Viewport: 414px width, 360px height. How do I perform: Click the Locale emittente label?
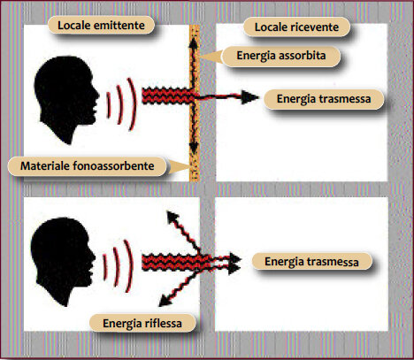click(101, 25)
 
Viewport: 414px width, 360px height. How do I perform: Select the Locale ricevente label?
click(296, 27)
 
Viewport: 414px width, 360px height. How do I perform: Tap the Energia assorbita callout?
click(281, 56)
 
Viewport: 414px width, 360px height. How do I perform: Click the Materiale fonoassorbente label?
click(88, 166)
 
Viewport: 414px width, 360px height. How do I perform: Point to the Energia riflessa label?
click(142, 323)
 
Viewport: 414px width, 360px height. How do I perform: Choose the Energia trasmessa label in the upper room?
click(324, 99)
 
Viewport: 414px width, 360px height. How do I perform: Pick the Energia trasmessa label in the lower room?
click(311, 262)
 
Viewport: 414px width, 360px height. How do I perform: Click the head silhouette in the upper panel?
click(66, 100)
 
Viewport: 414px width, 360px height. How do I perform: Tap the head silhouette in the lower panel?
click(63, 261)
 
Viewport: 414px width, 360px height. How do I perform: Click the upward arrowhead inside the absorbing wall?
click(193, 43)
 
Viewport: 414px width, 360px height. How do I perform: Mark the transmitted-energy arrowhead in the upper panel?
click(249, 97)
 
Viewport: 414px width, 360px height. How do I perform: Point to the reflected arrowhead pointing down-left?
click(165, 300)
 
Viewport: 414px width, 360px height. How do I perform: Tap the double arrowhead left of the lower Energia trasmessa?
click(235, 264)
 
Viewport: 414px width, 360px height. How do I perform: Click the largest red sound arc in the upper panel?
click(132, 104)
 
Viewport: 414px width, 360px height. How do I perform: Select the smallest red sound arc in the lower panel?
click(105, 267)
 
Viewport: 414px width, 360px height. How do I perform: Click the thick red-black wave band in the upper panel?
click(168, 96)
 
